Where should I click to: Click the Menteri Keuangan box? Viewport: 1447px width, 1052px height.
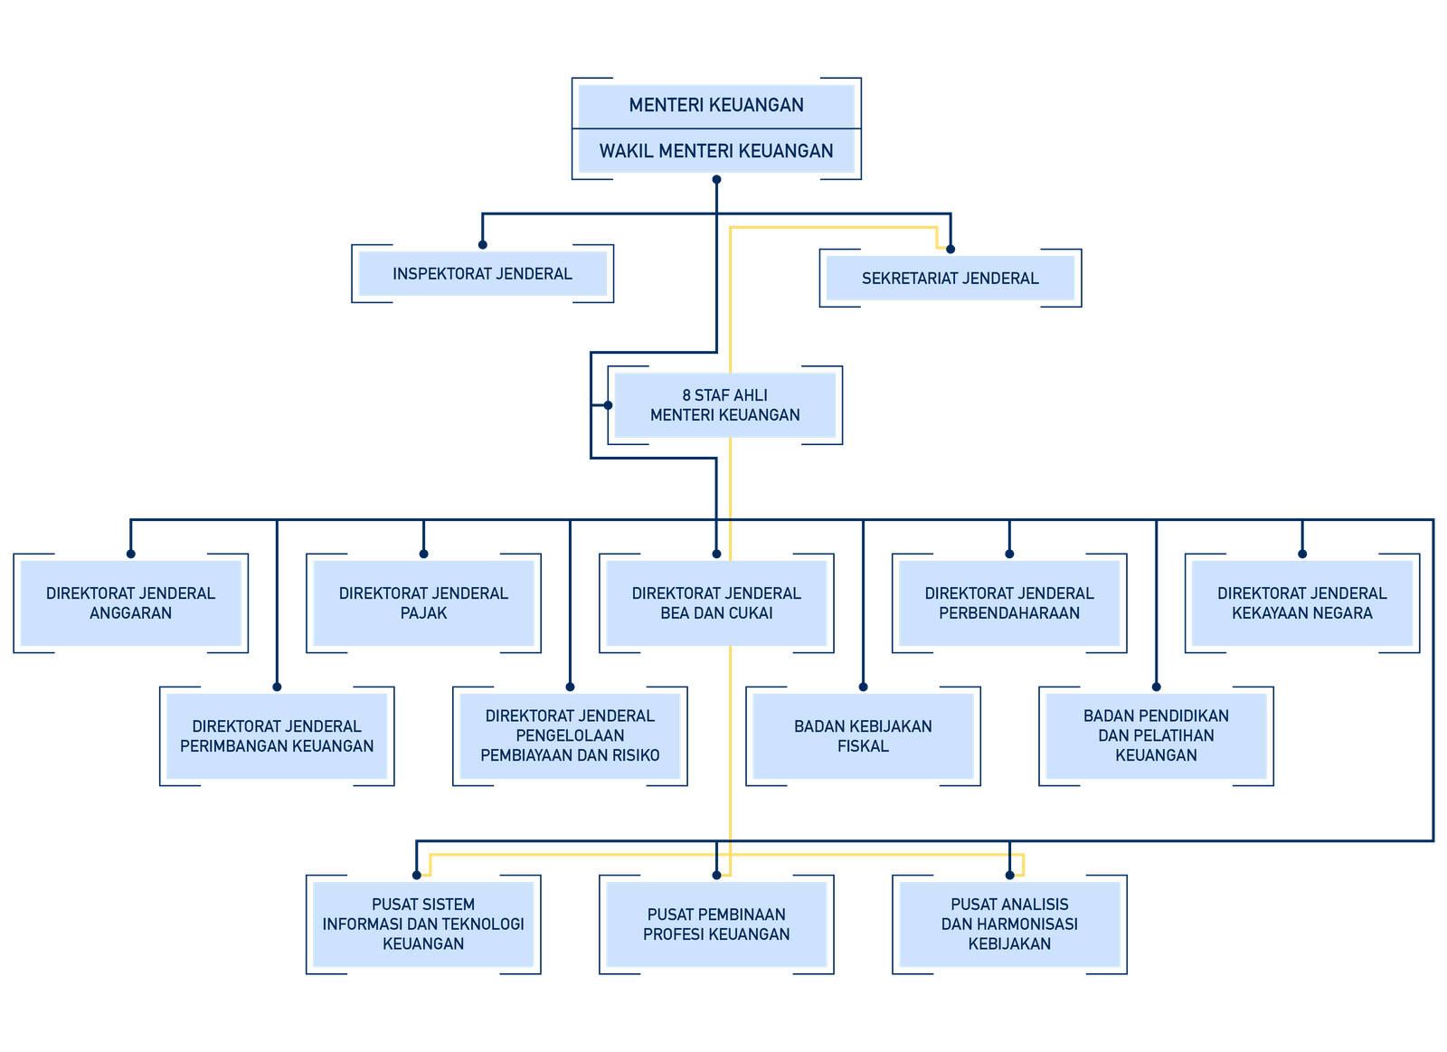(x=716, y=105)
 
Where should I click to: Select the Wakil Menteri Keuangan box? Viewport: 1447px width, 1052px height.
(x=716, y=150)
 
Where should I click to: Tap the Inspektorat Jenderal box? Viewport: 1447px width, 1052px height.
(x=483, y=274)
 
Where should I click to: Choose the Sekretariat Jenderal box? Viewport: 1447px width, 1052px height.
(x=950, y=279)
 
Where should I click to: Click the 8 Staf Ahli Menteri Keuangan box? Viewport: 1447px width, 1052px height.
(x=724, y=405)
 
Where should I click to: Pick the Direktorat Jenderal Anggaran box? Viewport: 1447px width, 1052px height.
(x=130, y=603)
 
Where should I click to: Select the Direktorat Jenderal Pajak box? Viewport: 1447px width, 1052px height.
(x=424, y=603)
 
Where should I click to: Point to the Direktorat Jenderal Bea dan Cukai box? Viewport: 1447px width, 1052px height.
(x=716, y=603)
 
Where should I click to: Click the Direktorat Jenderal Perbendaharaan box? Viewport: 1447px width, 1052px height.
(x=1009, y=603)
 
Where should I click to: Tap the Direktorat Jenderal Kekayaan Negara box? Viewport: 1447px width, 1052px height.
(x=1302, y=603)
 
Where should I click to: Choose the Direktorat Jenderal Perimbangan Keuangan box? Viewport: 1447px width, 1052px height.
(x=277, y=736)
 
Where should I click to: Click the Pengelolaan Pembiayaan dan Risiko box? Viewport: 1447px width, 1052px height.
(x=570, y=736)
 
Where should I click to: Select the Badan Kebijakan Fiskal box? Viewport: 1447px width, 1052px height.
(x=863, y=736)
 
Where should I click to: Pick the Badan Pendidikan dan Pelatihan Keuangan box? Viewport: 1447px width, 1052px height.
(x=1157, y=736)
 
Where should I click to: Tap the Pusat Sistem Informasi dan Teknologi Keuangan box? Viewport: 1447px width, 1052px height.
(x=423, y=924)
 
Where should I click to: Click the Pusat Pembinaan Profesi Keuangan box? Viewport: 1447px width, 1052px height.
(x=716, y=924)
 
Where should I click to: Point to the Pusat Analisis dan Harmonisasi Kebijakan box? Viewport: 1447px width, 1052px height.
(x=1009, y=924)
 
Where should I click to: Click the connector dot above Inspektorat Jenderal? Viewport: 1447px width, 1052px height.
(x=483, y=245)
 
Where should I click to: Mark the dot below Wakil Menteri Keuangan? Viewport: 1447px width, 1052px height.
(x=716, y=180)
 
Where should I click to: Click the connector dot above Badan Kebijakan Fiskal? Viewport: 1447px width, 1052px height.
(x=863, y=687)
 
